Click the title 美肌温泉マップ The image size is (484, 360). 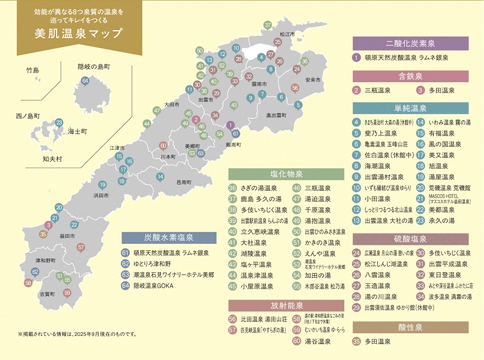79,34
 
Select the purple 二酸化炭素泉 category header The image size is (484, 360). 410,43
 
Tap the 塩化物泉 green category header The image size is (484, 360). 286,174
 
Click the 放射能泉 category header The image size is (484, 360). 286,305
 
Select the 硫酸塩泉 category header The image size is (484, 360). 410,239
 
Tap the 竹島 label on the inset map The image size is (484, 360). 33,71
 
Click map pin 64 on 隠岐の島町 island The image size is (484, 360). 85,81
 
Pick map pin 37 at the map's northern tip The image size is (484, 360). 268,25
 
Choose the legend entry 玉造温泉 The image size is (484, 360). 377,286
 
